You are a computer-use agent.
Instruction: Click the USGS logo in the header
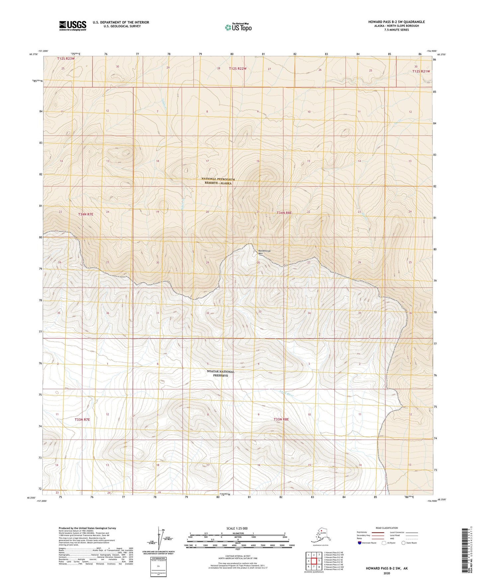(x=72, y=25)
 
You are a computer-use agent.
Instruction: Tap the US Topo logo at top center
(x=238, y=27)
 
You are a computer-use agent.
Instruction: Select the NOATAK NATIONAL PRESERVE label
(x=221, y=373)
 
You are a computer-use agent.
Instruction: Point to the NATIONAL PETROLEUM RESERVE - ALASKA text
(x=218, y=181)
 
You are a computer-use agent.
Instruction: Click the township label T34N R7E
(x=86, y=214)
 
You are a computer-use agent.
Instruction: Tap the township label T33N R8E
(x=281, y=420)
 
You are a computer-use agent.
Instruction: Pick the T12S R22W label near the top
(x=238, y=68)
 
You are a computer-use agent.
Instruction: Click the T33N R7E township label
(x=82, y=420)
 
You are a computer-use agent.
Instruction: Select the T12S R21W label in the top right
(x=421, y=71)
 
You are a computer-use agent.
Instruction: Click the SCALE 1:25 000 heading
(x=237, y=528)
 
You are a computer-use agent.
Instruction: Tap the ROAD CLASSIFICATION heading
(x=386, y=528)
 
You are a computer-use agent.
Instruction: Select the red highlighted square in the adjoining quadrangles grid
(x=314, y=561)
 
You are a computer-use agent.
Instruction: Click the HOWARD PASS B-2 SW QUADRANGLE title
(x=396, y=22)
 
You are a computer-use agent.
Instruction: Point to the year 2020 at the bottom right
(x=386, y=573)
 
